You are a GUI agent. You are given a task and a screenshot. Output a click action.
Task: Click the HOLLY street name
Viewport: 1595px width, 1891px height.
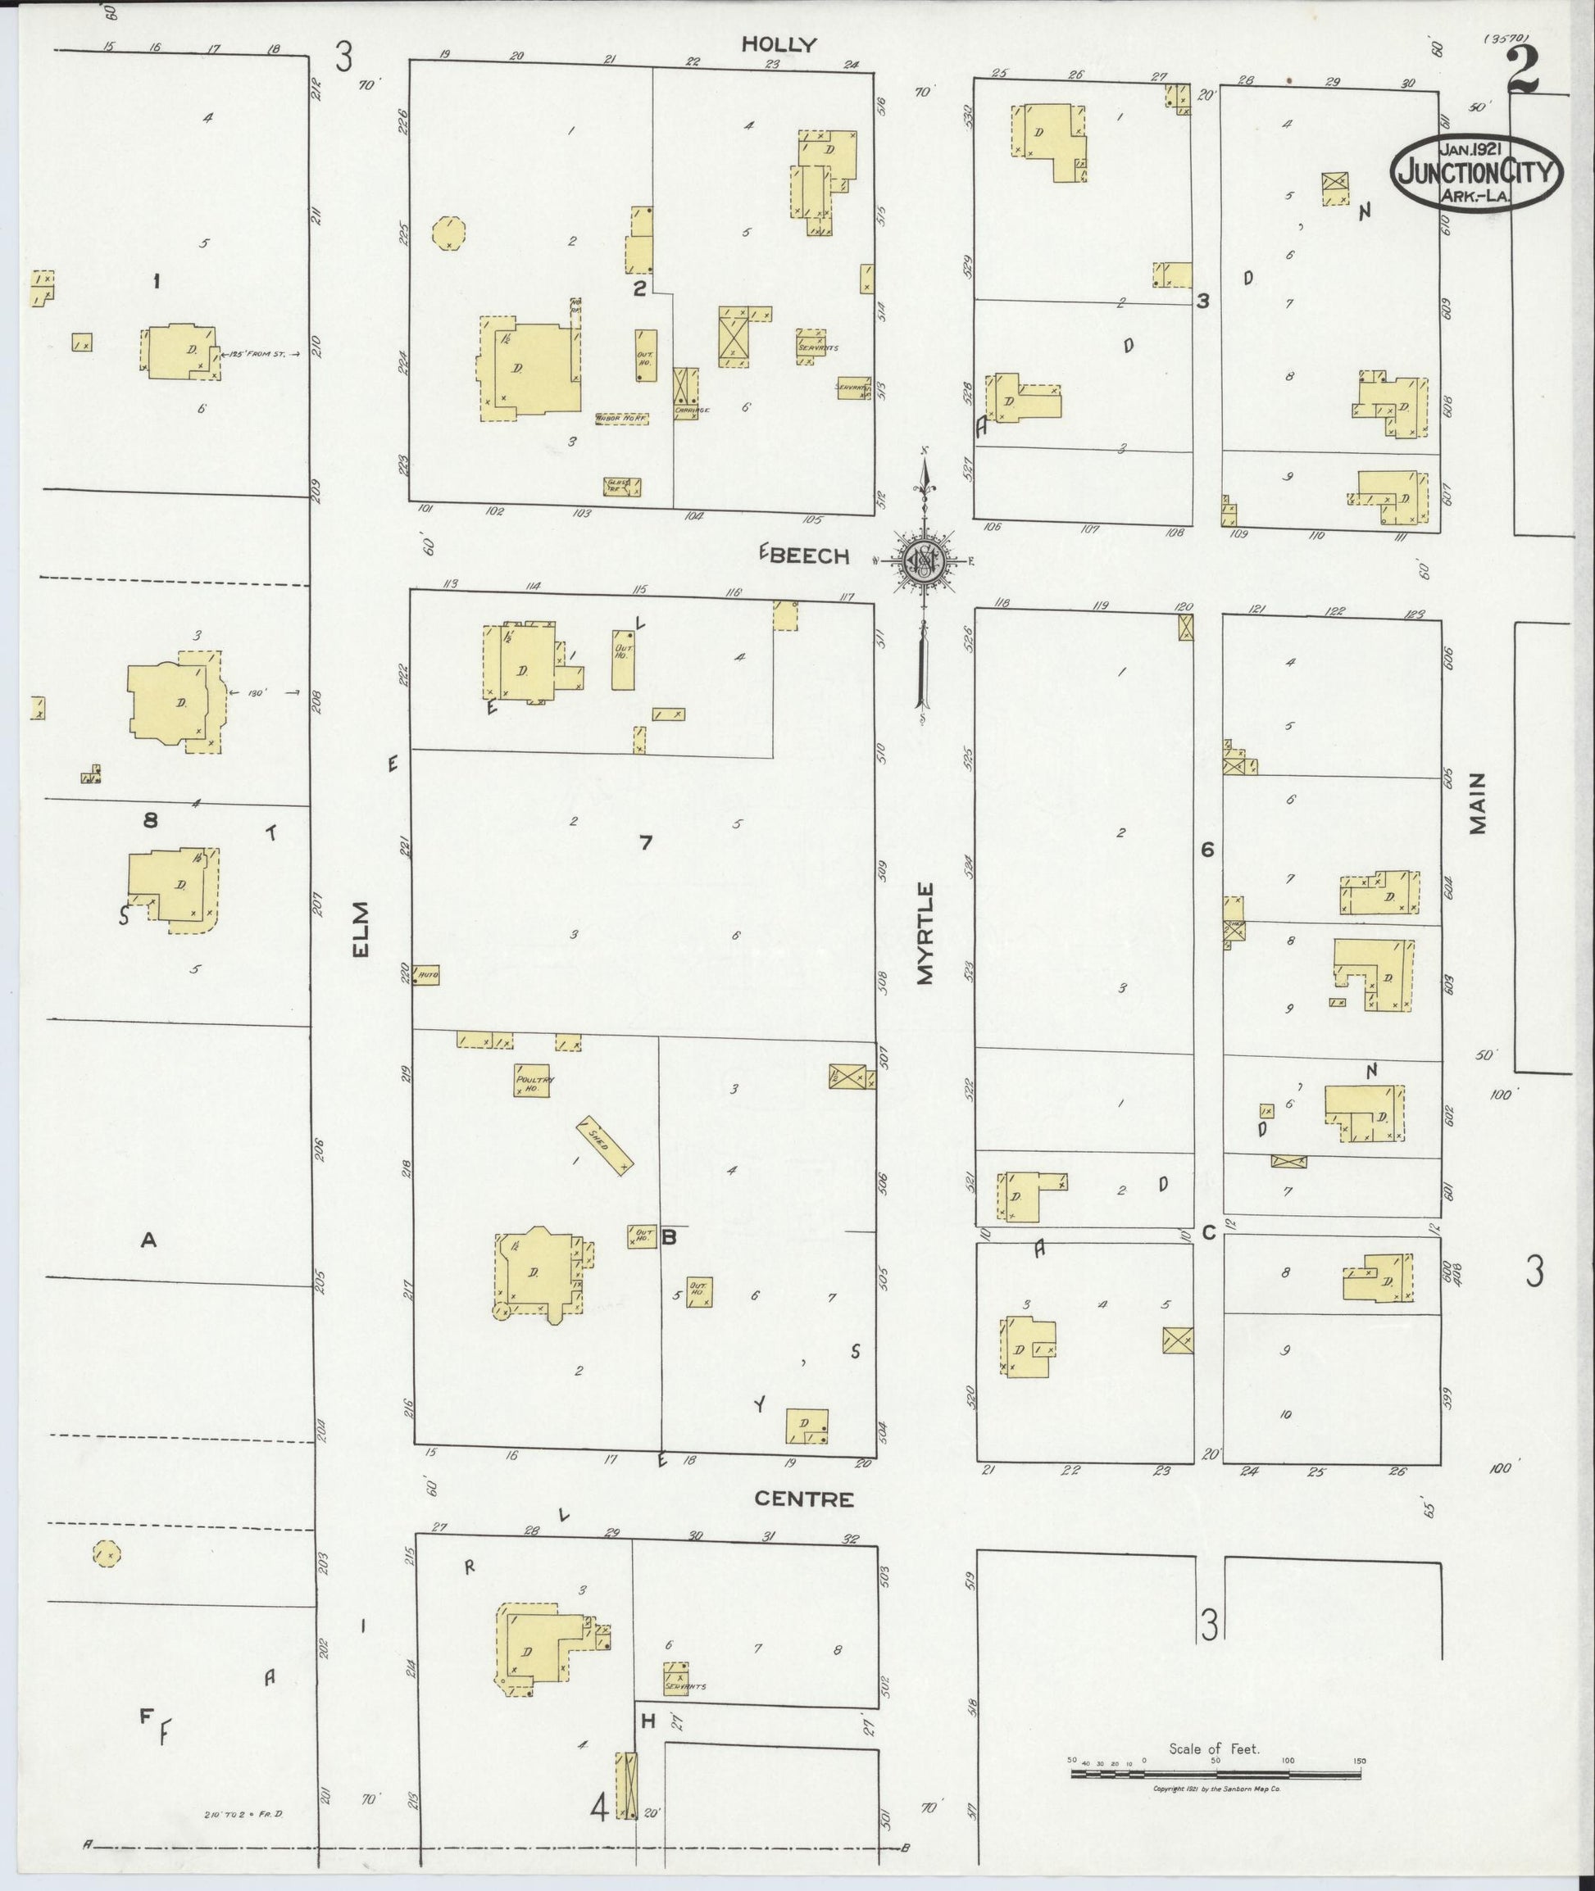[779, 44]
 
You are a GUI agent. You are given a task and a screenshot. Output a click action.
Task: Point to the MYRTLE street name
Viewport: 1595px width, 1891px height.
[924, 933]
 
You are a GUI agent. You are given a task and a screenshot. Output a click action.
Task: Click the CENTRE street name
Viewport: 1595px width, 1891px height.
[804, 1499]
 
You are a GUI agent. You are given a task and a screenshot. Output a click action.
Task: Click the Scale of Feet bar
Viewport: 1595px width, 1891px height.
[1216, 1775]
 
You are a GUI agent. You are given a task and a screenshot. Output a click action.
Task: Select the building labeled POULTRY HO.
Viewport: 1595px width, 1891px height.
[533, 1081]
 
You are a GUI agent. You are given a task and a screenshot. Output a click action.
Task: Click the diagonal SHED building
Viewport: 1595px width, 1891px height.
[605, 1144]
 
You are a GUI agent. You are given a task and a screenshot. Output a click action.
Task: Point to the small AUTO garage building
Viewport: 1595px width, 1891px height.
[426, 975]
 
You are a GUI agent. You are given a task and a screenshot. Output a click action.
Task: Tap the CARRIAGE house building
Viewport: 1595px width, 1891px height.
[686, 393]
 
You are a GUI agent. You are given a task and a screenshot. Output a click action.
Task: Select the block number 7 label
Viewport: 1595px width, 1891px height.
[645, 843]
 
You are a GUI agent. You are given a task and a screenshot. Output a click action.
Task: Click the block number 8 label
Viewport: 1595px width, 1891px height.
[150, 821]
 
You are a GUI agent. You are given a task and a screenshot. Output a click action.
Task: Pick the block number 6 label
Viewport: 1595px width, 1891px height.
[1206, 849]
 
